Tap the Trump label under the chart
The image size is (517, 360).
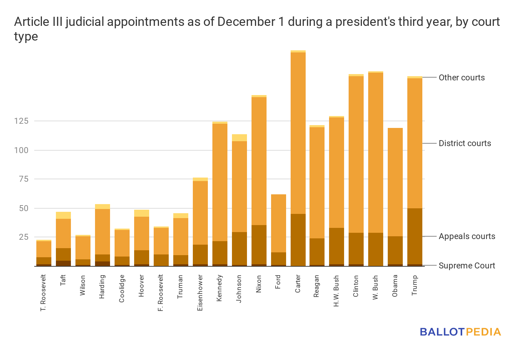(415, 285)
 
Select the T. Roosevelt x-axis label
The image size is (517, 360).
(43, 293)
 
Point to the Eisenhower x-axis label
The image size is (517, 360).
(200, 293)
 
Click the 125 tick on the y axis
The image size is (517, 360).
(21, 121)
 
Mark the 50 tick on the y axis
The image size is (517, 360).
(23, 208)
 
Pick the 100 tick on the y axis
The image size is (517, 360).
(21, 150)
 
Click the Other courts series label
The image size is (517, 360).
(461, 78)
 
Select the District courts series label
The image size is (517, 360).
(465, 143)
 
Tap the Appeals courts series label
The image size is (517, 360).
(467, 236)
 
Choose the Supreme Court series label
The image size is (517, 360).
(467, 266)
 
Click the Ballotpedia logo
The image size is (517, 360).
(460, 332)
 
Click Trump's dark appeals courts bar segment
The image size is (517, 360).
(415, 236)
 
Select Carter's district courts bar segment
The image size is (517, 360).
(298, 133)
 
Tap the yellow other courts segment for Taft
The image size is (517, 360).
(63, 215)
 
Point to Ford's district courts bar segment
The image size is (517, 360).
(278, 223)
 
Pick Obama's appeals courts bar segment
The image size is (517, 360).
(395, 250)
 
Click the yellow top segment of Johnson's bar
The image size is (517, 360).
(239, 138)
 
